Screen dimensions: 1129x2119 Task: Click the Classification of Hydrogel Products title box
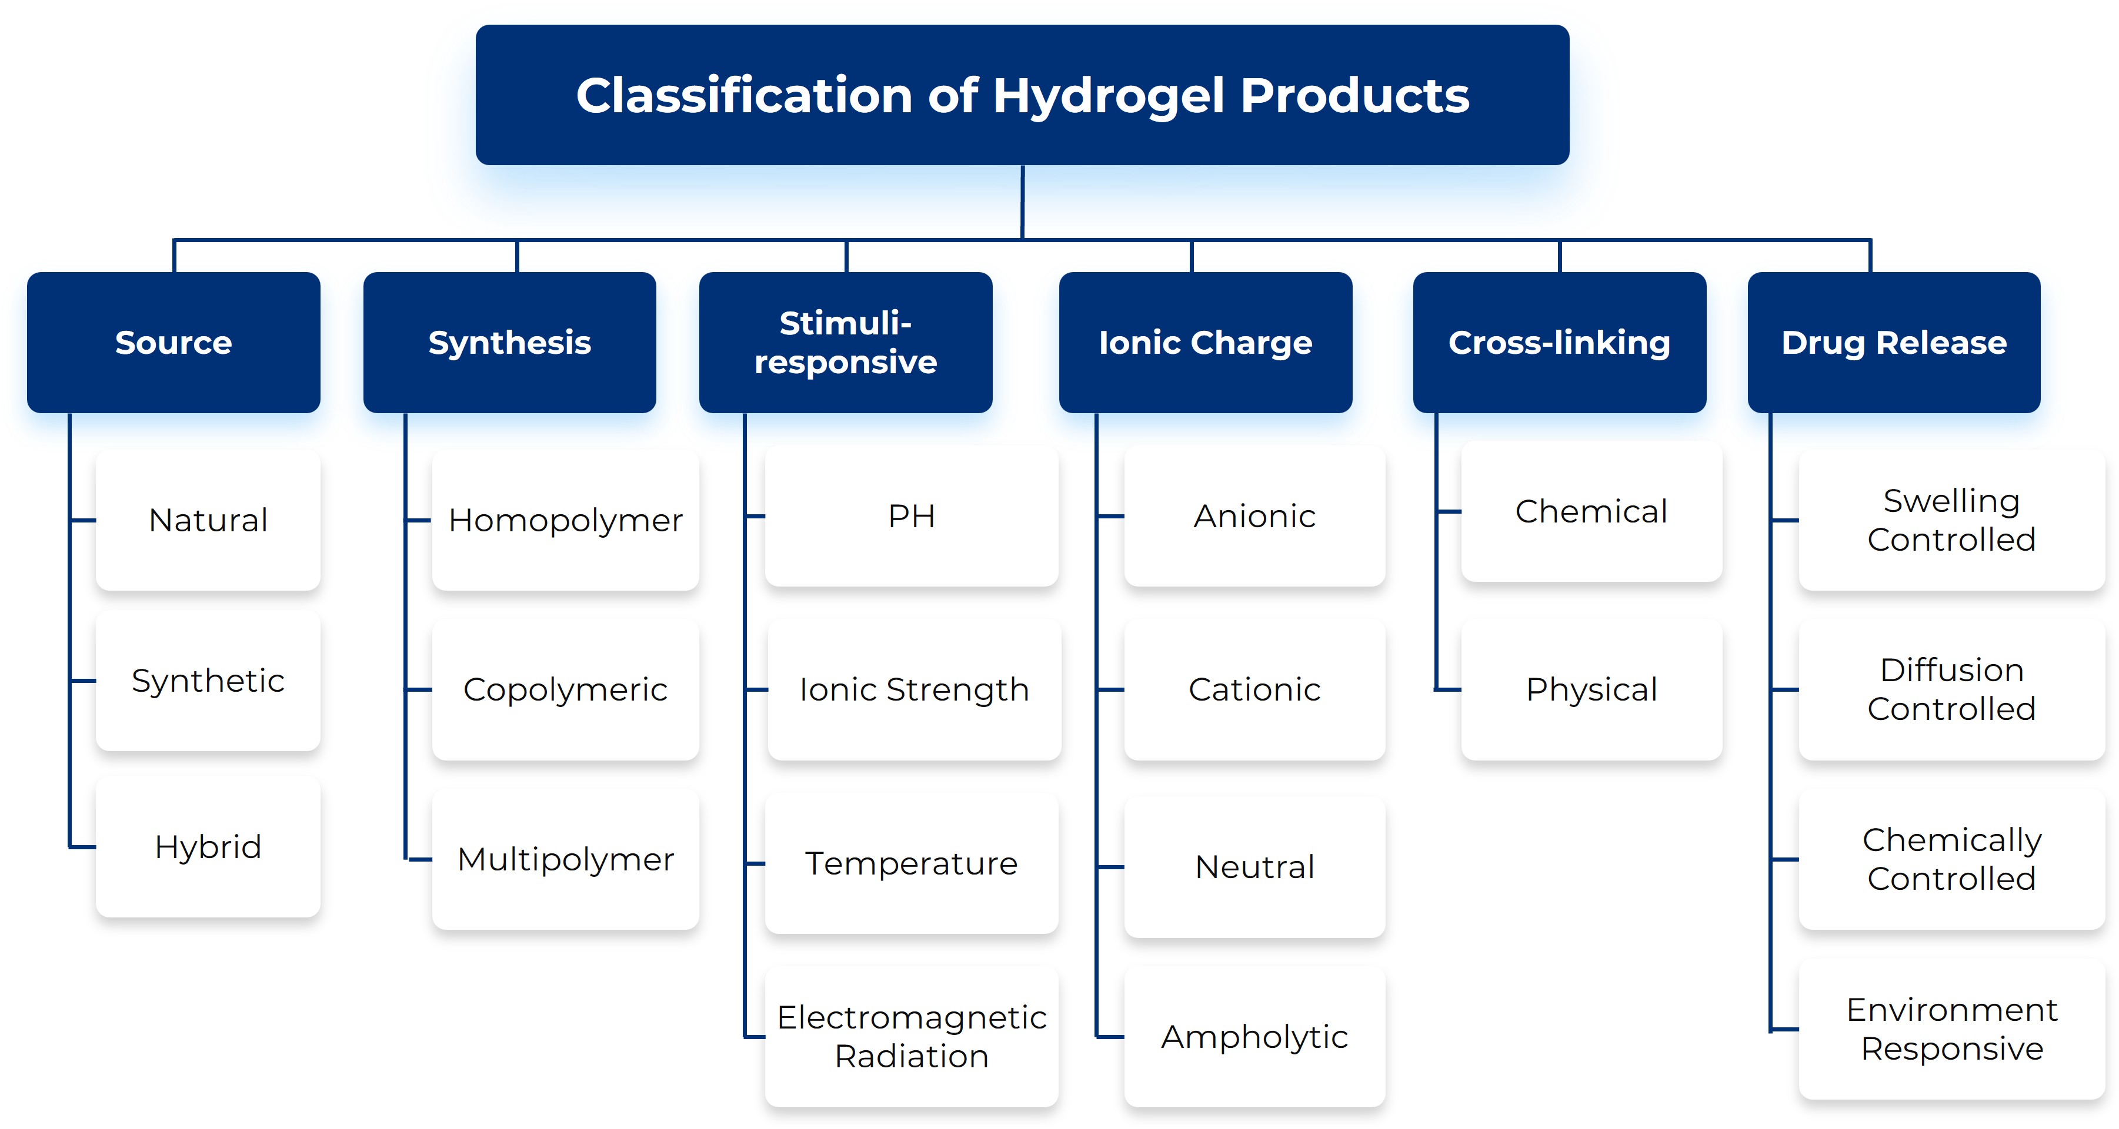pyautogui.click(x=1022, y=95)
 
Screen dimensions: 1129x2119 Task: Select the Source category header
pyautogui.click(x=173, y=342)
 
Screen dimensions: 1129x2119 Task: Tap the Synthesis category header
pyautogui.click(x=509, y=342)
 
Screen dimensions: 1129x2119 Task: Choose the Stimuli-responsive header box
pyautogui.click(x=846, y=342)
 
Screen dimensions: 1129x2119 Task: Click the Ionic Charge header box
pyautogui.click(x=1205, y=342)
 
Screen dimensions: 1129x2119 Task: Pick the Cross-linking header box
pyautogui.click(x=1559, y=342)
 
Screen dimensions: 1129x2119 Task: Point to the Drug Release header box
pyautogui.click(x=1894, y=342)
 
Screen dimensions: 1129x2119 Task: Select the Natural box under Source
pyautogui.click(x=208, y=520)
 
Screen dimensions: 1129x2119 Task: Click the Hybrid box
pyautogui.click(x=208, y=846)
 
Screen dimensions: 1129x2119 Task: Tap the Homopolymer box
pyautogui.click(x=565, y=520)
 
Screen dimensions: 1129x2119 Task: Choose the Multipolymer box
pyautogui.click(x=565, y=859)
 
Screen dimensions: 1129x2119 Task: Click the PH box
pyautogui.click(x=912, y=515)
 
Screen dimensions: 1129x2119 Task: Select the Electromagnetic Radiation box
pyautogui.click(x=912, y=1036)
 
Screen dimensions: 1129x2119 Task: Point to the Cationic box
pyautogui.click(x=1254, y=689)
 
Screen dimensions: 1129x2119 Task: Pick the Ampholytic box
pyautogui.click(x=1254, y=1036)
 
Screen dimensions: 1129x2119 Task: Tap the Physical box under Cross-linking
pyautogui.click(x=1591, y=689)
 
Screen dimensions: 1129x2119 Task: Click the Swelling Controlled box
pyautogui.click(x=1951, y=520)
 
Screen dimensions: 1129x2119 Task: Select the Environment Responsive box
pyautogui.click(x=1951, y=1029)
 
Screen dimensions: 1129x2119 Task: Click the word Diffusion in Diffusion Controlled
pyautogui.click(x=1951, y=670)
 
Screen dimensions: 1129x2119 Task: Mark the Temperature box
pyautogui.click(x=912, y=863)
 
